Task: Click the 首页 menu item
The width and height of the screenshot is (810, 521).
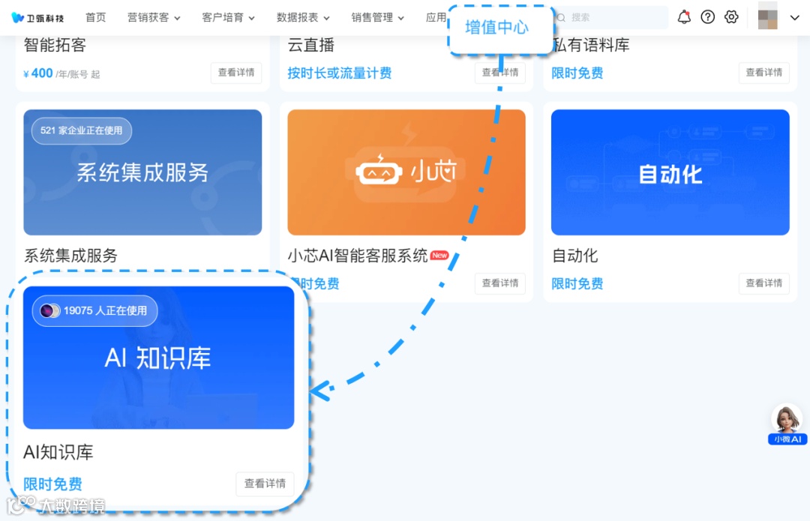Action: pyautogui.click(x=95, y=17)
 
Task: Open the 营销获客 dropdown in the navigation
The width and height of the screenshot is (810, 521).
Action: pyautogui.click(x=154, y=17)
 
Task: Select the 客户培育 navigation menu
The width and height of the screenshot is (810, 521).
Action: pyautogui.click(x=228, y=17)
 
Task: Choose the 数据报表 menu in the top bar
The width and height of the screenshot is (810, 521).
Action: pyautogui.click(x=303, y=17)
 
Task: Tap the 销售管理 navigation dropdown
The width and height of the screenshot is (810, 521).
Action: pyautogui.click(x=377, y=17)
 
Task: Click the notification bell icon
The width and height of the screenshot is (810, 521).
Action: pyautogui.click(x=684, y=17)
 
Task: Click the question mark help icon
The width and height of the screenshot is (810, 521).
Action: pyautogui.click(x=708, y=17)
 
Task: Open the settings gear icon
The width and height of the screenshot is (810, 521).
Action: pyautogui.click(x=731, y=17)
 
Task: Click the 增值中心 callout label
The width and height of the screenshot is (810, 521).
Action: pyautogui.click(x=496, y=28)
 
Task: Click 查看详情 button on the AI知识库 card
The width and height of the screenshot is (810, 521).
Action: pyautogui.click(x=265, y=484)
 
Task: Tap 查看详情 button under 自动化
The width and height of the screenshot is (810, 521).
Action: pyautogui.click(x=763, y=283)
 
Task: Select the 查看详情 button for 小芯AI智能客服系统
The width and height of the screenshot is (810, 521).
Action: pyautogui.click(x=499, y=283)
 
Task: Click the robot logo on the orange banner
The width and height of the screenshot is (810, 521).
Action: pyautogui.click(x=379, y=172)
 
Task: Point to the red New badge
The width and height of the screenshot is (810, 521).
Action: pyautogui.click(x=439, y=256)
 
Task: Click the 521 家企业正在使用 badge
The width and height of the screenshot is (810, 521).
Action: pyautogui.click(x=81, y=130)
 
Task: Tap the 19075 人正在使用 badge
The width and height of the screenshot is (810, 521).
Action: pyautogui.click(x=94, y=310)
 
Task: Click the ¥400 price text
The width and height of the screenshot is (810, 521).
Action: pyautogui.click(x=38, y=73)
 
